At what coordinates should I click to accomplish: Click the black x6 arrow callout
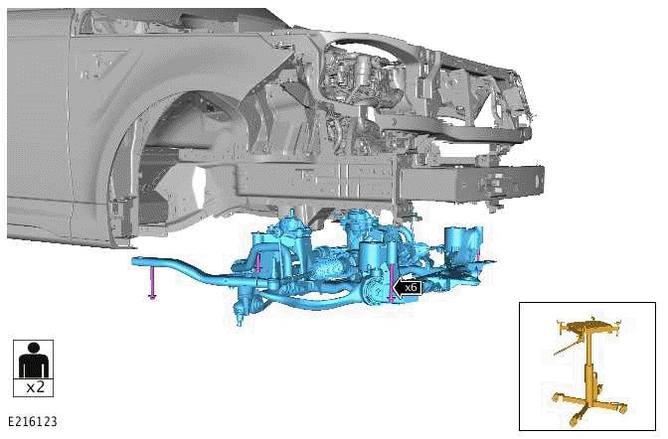(408, 287)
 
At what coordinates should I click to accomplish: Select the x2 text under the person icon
(34, 386)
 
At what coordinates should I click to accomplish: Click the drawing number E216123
(32, 422)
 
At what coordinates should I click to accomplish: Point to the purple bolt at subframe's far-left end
(151, 283)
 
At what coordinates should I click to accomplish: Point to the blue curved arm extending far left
(179, 266)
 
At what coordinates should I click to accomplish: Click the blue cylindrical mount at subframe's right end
(458, 241)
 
